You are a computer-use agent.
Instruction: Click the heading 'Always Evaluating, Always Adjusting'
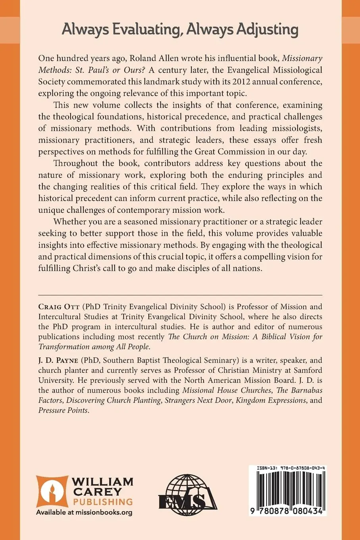point(180,29)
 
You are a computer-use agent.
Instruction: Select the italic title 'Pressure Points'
point(63,410)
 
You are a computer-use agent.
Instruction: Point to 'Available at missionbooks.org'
point(84,512)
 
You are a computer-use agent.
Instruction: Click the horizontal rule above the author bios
point(180,295)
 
